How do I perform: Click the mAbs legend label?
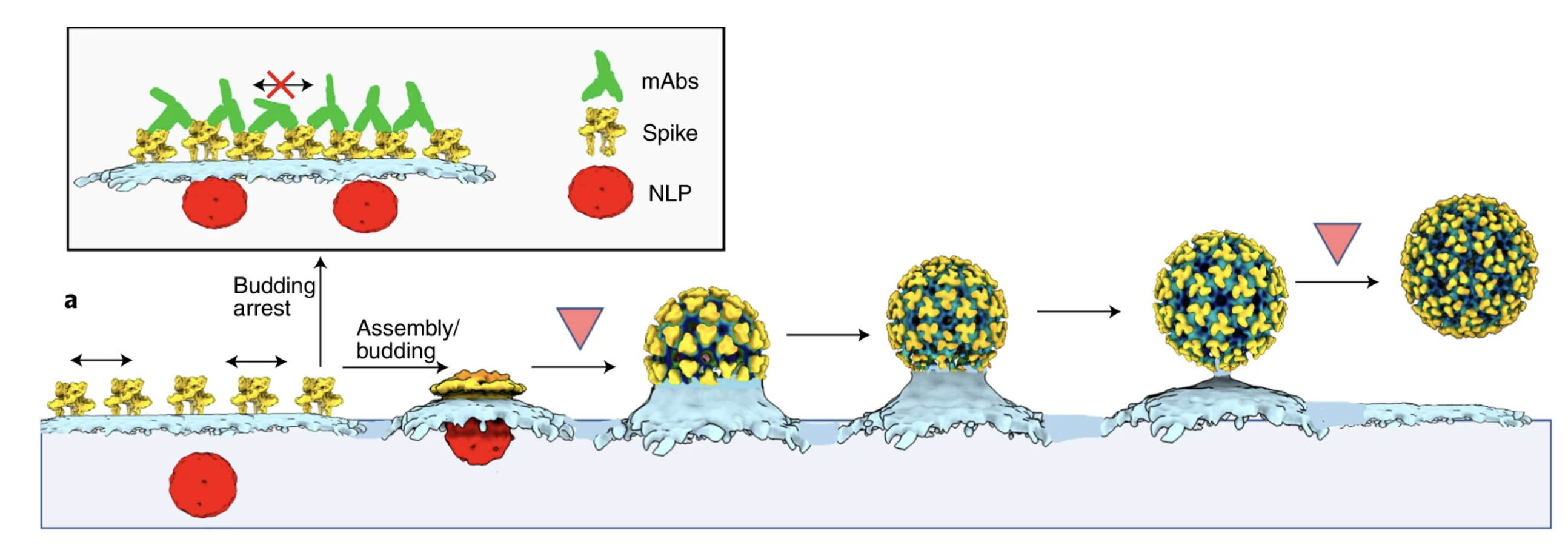point(669,82)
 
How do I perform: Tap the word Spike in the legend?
point(669,133)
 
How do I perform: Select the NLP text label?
point(669,193)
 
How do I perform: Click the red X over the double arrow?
point(281,84)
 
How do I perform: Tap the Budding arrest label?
point(274,297)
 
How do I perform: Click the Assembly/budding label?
point(407,339)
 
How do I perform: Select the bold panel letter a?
point(71,300)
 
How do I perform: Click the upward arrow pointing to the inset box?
point(320,310)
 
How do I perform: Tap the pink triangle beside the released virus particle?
point(1337,241)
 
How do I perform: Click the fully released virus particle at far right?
point(1468,266)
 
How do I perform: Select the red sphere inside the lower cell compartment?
point(203,484)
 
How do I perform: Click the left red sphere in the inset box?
point(215,203)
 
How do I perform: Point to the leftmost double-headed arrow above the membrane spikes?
point(101,360)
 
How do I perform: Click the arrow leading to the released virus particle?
point(1336,282)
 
